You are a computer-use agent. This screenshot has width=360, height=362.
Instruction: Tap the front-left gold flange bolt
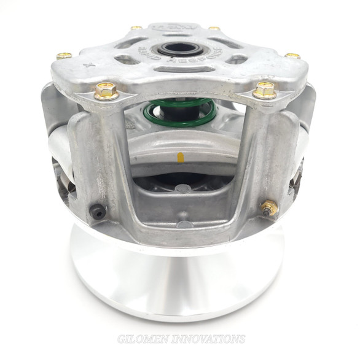(x=106, y=91)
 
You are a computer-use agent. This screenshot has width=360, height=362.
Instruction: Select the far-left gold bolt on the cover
(x=64, y=56)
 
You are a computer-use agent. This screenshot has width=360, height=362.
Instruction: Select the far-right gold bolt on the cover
(x=292, y=56)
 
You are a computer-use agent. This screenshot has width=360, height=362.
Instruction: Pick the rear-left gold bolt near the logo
(x=136, y=28)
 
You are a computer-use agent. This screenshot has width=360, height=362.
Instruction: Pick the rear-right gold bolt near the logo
(x=214, y=28)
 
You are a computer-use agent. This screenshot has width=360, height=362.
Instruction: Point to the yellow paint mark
(x=181, y=158)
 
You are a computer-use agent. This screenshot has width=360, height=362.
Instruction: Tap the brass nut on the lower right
(x=268, y=208)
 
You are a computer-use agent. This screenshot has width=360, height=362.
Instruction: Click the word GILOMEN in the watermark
(x=142, y=339)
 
